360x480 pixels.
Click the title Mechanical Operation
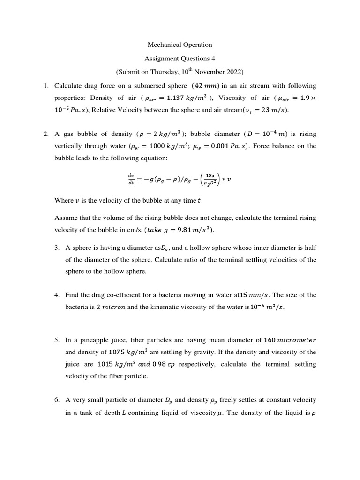(x=180, y=45)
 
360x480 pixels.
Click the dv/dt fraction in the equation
(x=131, y=178)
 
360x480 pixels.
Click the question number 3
(x=57, y=247)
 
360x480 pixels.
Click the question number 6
(x=57, y=400)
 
